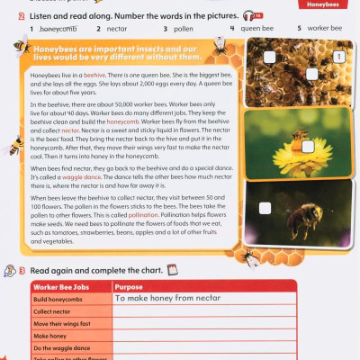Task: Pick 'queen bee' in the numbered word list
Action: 256,29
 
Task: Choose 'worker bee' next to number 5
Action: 325,29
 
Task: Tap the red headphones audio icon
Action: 258,15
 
